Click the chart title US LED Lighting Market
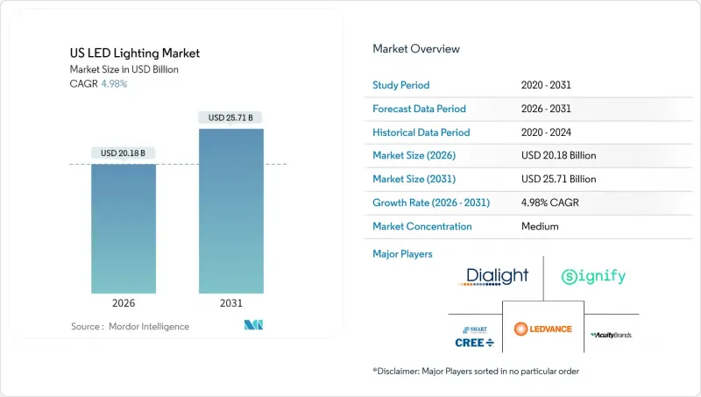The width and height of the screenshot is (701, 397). click(135, 53)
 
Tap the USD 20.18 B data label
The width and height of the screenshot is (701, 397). click(124, 153)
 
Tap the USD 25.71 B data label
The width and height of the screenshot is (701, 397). click(231, 117)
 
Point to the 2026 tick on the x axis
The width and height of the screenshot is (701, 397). click(124, 304)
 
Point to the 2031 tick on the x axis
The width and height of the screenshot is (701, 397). click(231, 304)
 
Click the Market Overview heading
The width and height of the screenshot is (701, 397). click(415, 49)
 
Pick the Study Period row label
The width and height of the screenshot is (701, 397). click(402, 85)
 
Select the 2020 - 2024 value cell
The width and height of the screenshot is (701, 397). click(545, 132)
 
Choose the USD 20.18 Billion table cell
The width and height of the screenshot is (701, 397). click(557, 156)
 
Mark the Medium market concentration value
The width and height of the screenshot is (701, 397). click(539, 226)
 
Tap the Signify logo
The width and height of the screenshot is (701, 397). click(593, 277)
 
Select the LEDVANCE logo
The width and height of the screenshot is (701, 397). click(543, 330)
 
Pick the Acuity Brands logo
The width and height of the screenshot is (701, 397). click(612, 335)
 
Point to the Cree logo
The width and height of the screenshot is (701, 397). click(474, 336)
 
